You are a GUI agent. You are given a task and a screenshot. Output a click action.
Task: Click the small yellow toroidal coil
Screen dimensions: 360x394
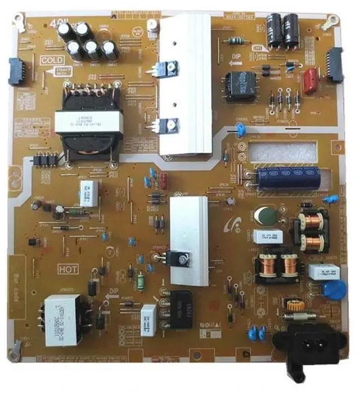[292, 307]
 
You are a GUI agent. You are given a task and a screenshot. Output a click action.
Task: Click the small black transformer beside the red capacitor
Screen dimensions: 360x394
[240, 87]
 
